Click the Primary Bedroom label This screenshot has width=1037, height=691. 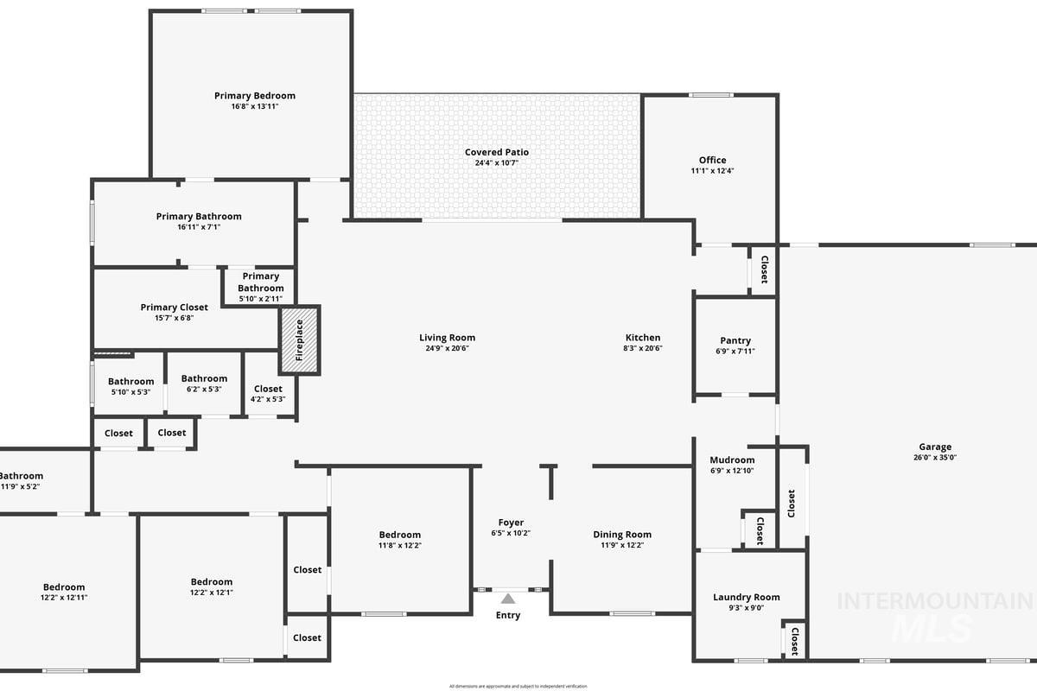tap(255, 96)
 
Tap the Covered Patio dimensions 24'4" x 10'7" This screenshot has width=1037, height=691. tap(496, 163)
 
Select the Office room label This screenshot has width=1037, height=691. tap(712, 160)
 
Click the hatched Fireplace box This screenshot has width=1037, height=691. tap(300, 339)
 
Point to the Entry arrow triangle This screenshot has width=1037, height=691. tap(508, 599)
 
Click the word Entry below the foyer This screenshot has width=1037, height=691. tap(508, 616)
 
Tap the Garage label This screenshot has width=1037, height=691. tap(935, 447)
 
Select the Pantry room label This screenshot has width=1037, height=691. tap(735, 340)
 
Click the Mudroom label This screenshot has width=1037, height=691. tap(732, 460)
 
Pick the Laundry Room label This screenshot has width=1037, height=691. tap(746, 597)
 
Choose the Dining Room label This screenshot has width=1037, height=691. tap(622, 535)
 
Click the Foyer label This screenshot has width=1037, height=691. tap(511, 523)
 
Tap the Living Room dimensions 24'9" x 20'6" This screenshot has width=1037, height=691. tap(447, 349)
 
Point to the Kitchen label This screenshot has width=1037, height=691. tap(643, 338)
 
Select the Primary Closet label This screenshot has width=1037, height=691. tap(175, 307)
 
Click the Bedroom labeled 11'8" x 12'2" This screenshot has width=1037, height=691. tap(399, 535)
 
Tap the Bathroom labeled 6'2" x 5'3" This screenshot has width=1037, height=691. tap(204, 378)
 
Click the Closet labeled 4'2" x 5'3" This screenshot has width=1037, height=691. tap(268, 389)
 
